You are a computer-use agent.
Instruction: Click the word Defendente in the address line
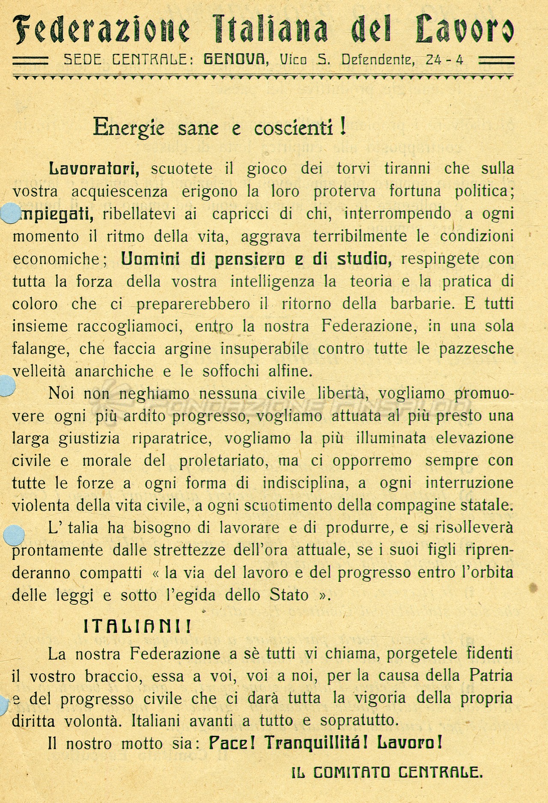[x=378, y=59]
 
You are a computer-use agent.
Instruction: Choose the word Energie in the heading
[x=129, y=127]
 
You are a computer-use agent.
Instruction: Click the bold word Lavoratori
[x=94, y=168]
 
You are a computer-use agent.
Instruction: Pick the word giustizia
[x=89, y=438]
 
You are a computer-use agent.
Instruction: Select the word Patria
[x=491, y=676]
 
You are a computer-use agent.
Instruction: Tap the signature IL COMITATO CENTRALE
[x=387, y=773]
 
